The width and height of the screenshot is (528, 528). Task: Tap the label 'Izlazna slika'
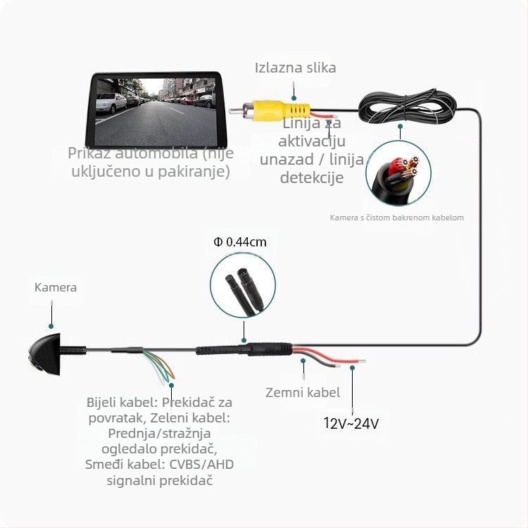pyautogui.click(x=295, y=68)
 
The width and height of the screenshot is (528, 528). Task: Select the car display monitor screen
pyautogui.click(x=156, y=111)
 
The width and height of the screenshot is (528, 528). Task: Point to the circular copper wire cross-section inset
pyautogui.click(x=398, y=173)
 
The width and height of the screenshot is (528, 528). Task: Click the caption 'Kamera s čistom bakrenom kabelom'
pyautogui.click(x=396, y=218)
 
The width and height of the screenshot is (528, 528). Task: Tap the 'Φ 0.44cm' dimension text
pyautogui.click(x=240, y=241)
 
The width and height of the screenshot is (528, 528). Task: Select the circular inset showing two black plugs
pyautogui.click(x=243, y=285)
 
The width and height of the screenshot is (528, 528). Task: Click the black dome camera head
pyautogui.click(x=45, y=354)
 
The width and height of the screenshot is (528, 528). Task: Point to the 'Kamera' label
pyautogui.click(x=56, y=287)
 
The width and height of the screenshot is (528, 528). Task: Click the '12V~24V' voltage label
pyautogui.click(x=351, y=423)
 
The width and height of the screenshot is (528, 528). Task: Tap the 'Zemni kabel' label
pyautogui.click(x=303, y=393)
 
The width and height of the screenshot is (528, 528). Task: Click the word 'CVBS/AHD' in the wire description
pyautogui.click(x=201, y=465)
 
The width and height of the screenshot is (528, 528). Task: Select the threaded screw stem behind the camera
pyautogui.click(x=73, y=351)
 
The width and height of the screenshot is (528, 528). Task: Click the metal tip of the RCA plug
pyautogui.click(x=236, y=111)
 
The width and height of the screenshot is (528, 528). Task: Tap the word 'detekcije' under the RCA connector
pyautogui.click(x=312, y=177)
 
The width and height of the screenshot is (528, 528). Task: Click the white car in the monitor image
pyautogui.click(x=111, y=102)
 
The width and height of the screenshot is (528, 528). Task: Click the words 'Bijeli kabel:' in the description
pyautogui.click(x=122, y=403)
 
